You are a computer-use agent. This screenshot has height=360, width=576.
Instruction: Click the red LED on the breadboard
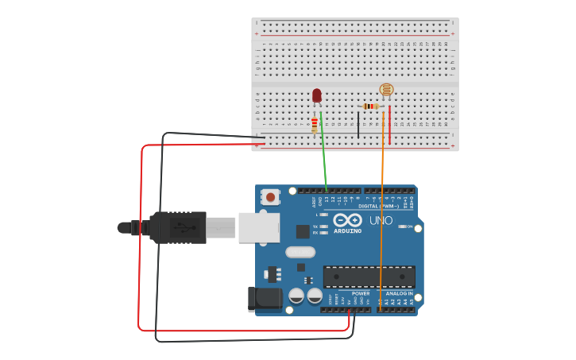pos(317,95)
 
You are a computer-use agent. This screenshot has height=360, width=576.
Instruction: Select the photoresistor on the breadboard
pos(386,91)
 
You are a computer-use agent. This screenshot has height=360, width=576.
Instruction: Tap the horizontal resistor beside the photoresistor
pos(370,106)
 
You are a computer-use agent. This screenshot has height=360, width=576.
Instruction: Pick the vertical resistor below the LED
pos(315,125)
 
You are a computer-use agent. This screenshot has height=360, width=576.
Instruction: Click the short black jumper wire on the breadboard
pos(358,124)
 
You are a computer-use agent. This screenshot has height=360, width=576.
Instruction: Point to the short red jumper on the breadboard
pos(390,124)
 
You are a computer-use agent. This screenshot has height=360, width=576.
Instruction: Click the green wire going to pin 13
pos(324,159)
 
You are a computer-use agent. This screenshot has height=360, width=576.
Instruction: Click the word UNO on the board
pos(381,220)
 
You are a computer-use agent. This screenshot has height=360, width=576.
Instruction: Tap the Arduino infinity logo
pos(347,220)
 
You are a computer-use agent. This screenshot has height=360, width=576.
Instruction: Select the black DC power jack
pos(265,298)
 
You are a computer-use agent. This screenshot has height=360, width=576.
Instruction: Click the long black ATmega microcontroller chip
pos(369,277)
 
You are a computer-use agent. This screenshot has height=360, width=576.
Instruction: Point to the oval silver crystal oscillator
pos(300,253)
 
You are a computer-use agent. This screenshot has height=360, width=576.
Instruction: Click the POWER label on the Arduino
pos(360,293)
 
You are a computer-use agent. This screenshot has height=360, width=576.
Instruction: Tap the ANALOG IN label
pos(399,293)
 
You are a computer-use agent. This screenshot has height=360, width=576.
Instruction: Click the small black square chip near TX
pos(303,231)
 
